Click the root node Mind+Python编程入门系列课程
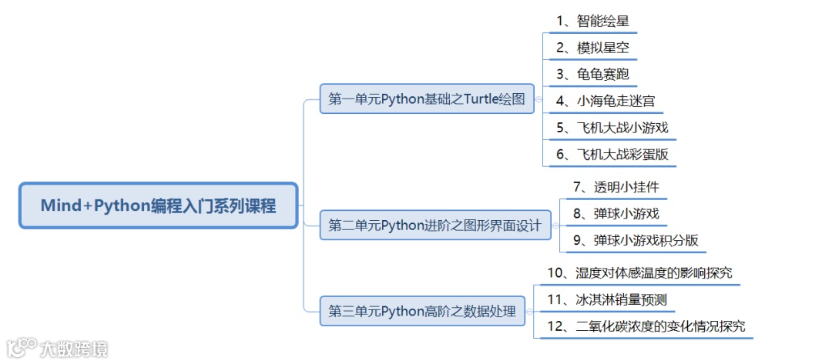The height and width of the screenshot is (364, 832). point(158,205)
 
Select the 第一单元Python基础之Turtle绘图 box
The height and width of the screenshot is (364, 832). point(426,99)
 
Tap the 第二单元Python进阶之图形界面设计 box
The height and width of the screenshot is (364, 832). point(434,225)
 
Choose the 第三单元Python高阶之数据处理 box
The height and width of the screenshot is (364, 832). point(422,311)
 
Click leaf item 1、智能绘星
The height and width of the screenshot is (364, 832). point(586,21)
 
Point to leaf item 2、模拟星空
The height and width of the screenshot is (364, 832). point(586,48)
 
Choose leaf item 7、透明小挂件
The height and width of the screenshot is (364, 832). point(616,187)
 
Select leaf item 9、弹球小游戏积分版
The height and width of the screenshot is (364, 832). point(636,240)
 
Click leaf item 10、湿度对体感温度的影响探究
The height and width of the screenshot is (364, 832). point(639,272)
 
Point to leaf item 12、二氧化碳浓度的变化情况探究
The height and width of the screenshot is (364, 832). point(646,326)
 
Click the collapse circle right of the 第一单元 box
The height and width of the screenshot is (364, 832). point(539,99)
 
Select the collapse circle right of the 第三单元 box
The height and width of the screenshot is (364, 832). point(531,311)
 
